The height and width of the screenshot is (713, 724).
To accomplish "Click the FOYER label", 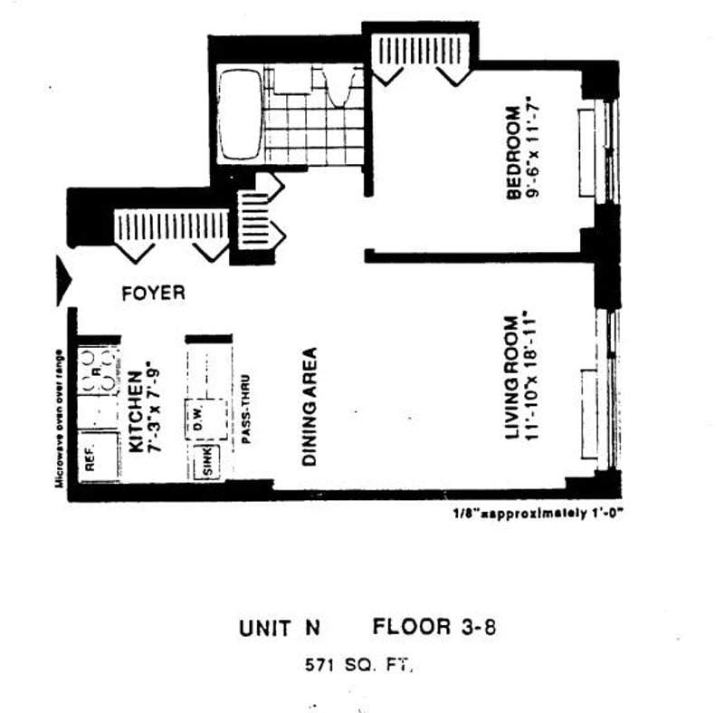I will click(153, 294).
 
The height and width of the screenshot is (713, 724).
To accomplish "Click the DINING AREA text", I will click(309, 407).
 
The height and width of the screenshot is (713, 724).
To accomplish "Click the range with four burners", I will click(98, 371).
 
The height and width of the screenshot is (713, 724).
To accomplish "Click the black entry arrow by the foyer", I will click(62, 281).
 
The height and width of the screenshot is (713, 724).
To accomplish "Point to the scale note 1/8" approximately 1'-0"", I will click(538, 513).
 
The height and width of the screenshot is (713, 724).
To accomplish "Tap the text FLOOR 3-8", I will click(434, 627).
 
